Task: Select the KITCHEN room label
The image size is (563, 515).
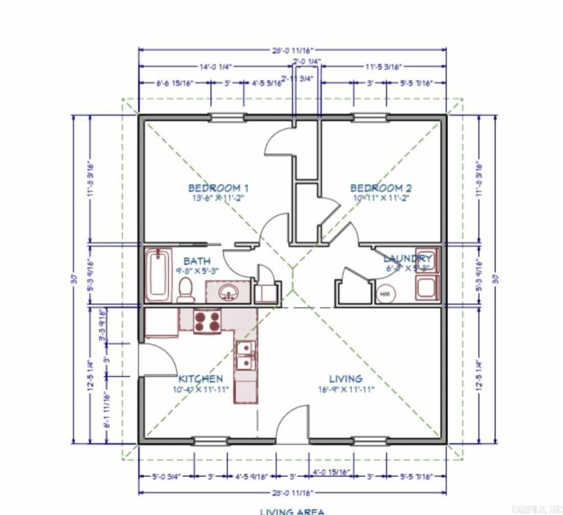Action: click(x=201, y=379)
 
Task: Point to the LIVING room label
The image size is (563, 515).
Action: click(x=346, y=379)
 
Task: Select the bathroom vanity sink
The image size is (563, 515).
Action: click(x=229, y=292)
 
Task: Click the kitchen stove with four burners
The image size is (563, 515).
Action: click(x=207, y=322)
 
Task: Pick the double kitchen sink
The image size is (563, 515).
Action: click(x=246, y=355)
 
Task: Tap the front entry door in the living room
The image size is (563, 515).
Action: click(x=293, y=424)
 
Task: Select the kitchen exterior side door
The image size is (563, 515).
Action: click(x=157, y=360)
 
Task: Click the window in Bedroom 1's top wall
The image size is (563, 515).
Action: click(x=227, y=118)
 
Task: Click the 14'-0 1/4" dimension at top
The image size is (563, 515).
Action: click(x=215, y=66)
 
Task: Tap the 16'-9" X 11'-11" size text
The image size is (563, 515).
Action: click(x=345, y=389)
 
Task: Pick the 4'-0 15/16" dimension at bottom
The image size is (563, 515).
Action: click(x=331, y=472)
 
